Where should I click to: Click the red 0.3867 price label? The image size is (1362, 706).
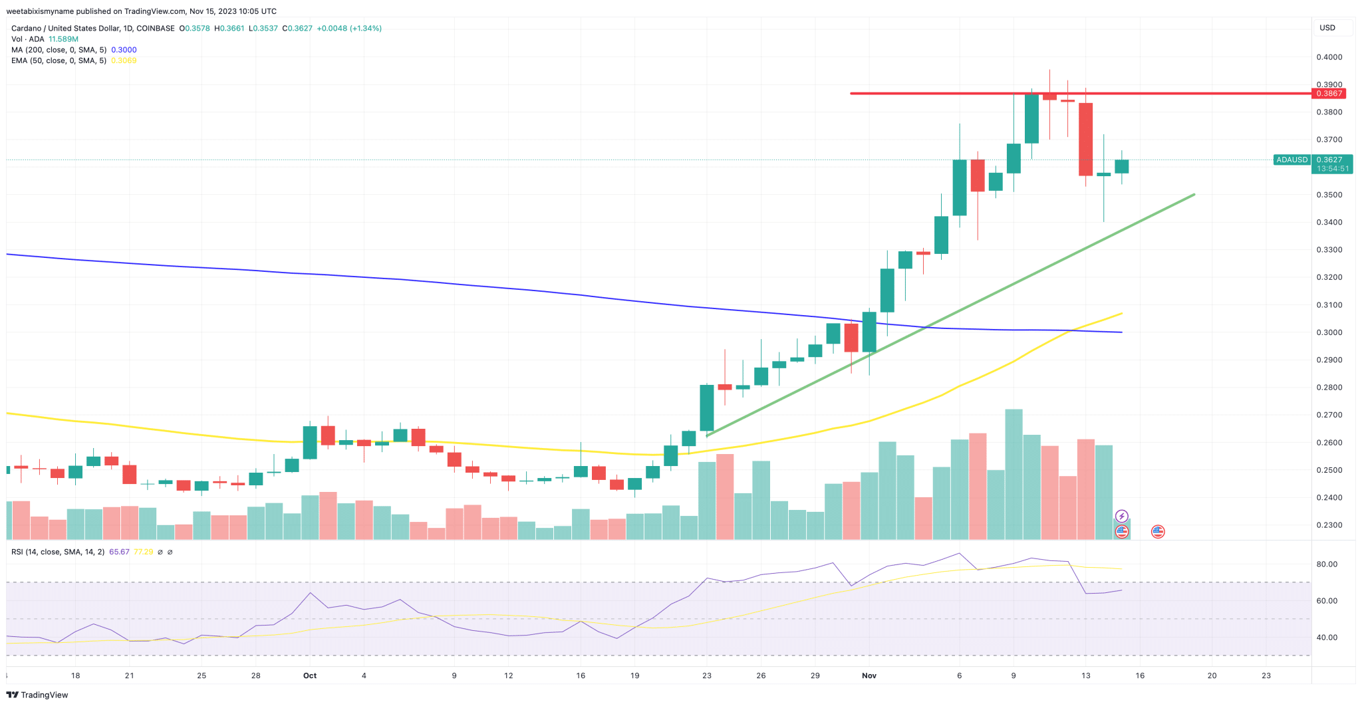click(x=1329, y=94)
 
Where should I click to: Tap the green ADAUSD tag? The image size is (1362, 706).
click(x=1292, y=160)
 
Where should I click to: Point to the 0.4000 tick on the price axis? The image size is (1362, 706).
click(x=1329, y=57)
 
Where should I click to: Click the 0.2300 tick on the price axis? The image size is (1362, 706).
click(x=1329, y=525)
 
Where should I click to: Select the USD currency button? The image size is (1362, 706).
click(x=1327, y=28)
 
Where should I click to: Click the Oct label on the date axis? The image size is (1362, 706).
click(x=310, y=675)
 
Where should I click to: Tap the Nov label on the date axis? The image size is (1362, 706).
click(x=869, y=675)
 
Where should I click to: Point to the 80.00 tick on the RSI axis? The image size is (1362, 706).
click(x=1327, y=564)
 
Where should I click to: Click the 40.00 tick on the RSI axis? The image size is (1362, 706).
click(x=1327, y=638)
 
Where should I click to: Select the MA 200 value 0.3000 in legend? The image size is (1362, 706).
click(x=124, y=50)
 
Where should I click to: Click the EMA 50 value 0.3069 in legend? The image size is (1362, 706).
click(x=124, y=60)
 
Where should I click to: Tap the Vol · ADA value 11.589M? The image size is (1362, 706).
click(x=63, y=39)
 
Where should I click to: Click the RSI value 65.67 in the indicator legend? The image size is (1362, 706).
click(x=119, y=552)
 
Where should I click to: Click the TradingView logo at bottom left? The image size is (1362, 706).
click(x=37, y=695)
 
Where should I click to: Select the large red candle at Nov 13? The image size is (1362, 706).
click(x=1085, y=139)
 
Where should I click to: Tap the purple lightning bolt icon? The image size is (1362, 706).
click(x=1122, y=517)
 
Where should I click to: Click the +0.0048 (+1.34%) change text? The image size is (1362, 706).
click(x=349, y=29)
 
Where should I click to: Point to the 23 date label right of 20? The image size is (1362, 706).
click(x=1266, y=675)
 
